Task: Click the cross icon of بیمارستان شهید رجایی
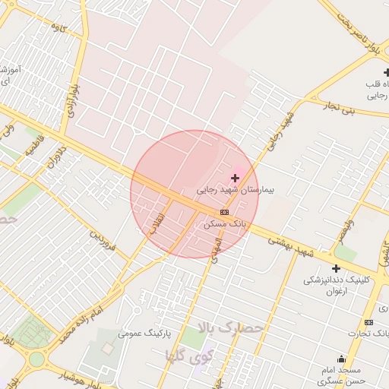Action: coord(234,178)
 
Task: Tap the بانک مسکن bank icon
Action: coord(224,212)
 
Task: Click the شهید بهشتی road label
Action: coord(291,245)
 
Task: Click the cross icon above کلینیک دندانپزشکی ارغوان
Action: coord(336,268)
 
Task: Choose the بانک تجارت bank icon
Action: coord(368,323)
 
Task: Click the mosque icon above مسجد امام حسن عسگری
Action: coord(341,359)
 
